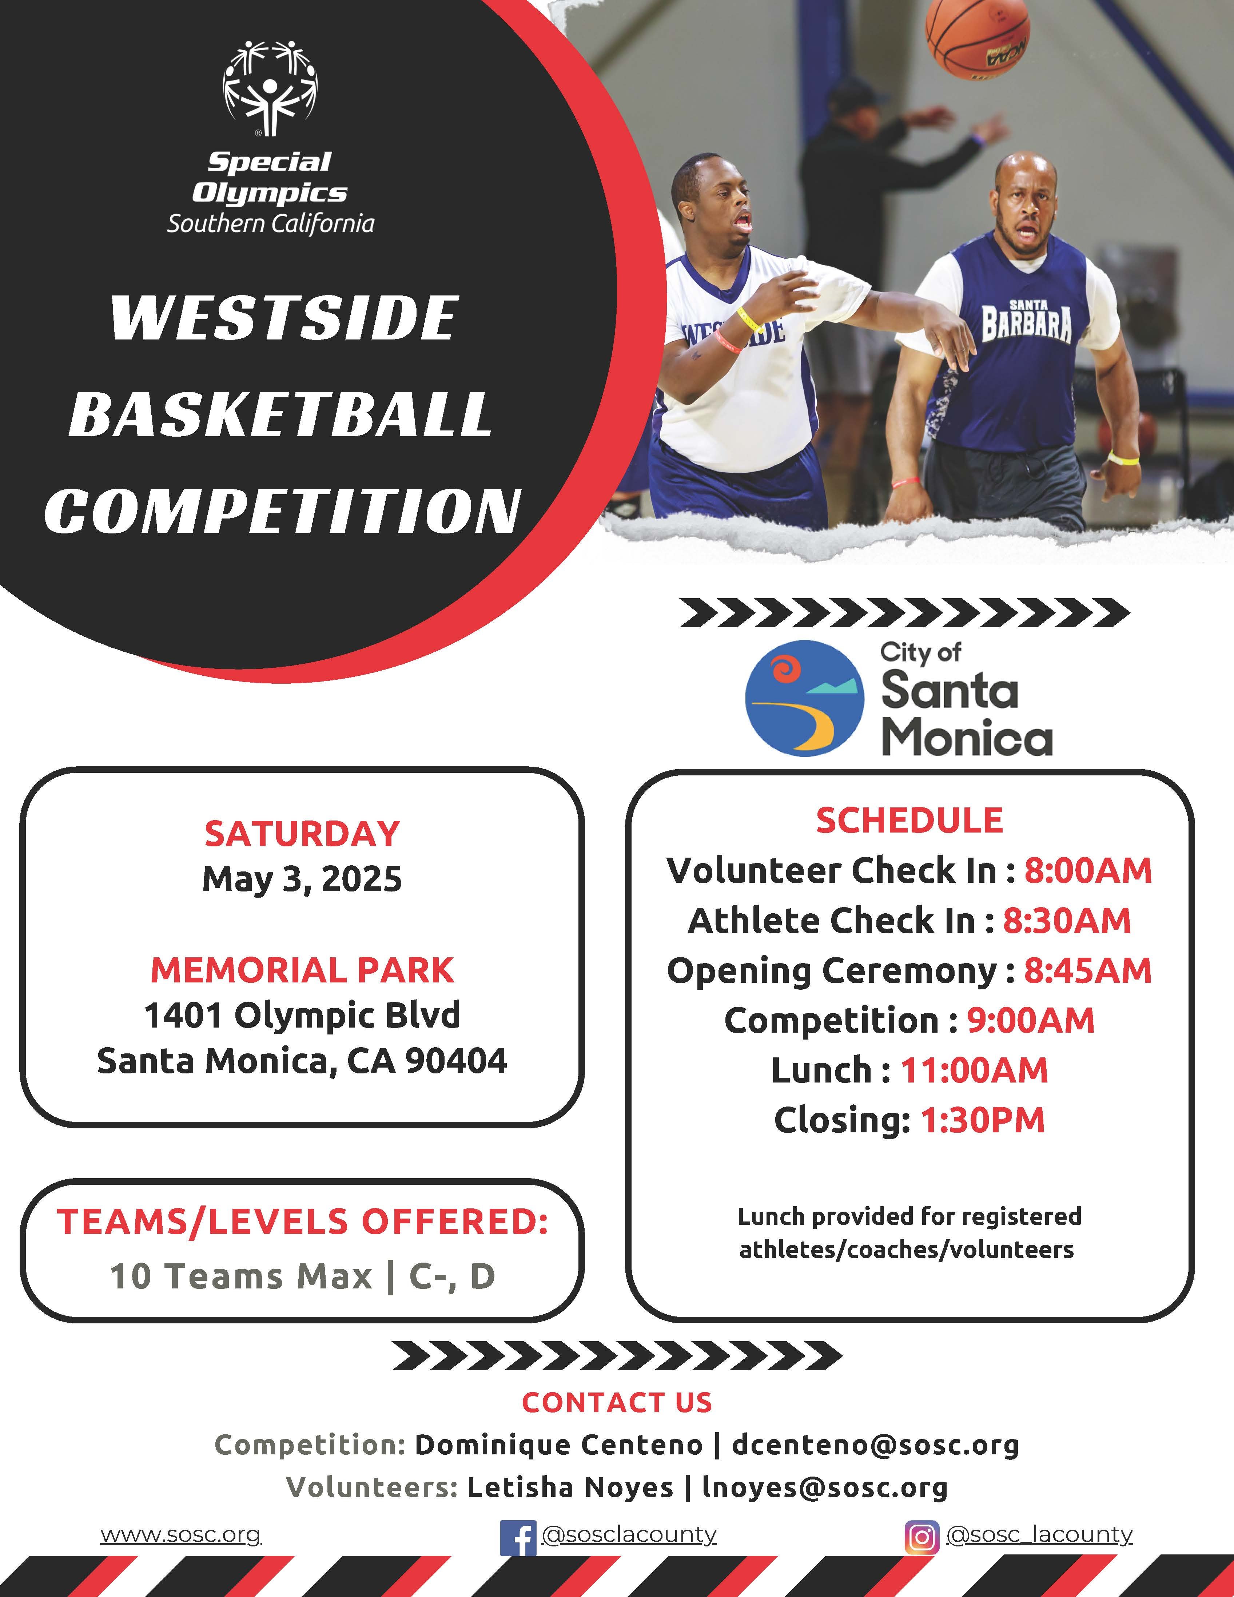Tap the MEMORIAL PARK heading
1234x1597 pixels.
pyautogui.click(x=302, y=970)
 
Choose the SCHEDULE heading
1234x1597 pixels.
pyautogui.click(x=909, y=821)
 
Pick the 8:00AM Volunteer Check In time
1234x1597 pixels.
pyautogui.click(x=1088, y=870)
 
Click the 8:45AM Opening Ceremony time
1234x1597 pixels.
pyautogui.click(x=1088, y=970)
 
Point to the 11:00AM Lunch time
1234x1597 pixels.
pyautogui.click(x=974, y=1070)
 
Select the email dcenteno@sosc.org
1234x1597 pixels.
pyautogui.click(x=875, y=1445)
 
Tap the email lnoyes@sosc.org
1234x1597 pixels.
pyautogui.click(x=825, y=1487)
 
